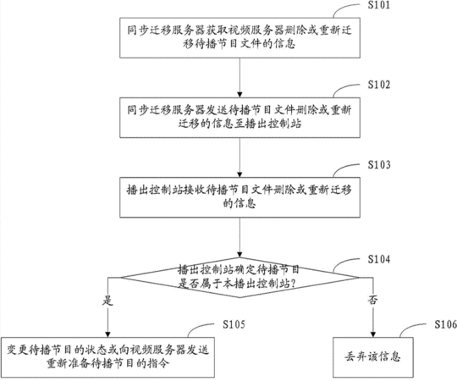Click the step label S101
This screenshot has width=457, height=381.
378,5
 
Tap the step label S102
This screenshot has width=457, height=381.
378,85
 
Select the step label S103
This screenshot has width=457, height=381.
378,165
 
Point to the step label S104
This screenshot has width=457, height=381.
378,259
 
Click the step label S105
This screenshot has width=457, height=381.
234,324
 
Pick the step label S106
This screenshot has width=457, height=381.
446,324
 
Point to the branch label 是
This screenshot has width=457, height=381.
107,301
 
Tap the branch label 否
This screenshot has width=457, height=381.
372,300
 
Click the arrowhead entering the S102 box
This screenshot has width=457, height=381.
240,95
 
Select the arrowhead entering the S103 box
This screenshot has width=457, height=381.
240,174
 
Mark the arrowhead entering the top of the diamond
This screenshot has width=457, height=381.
240,255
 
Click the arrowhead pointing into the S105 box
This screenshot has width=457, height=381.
107,334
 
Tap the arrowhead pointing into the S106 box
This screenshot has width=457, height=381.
373,334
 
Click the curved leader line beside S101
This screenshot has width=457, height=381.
342,8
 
